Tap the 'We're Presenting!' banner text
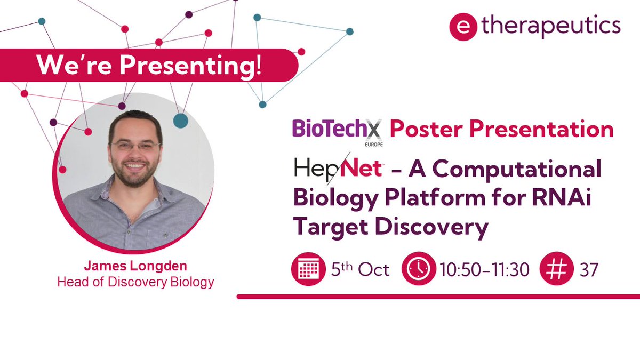pos(149,65)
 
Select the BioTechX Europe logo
pos(338,131)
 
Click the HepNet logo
pos(338,169)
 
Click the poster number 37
pos(589,270)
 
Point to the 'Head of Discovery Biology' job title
pos(135,282)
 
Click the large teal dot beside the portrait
pos(181,121)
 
